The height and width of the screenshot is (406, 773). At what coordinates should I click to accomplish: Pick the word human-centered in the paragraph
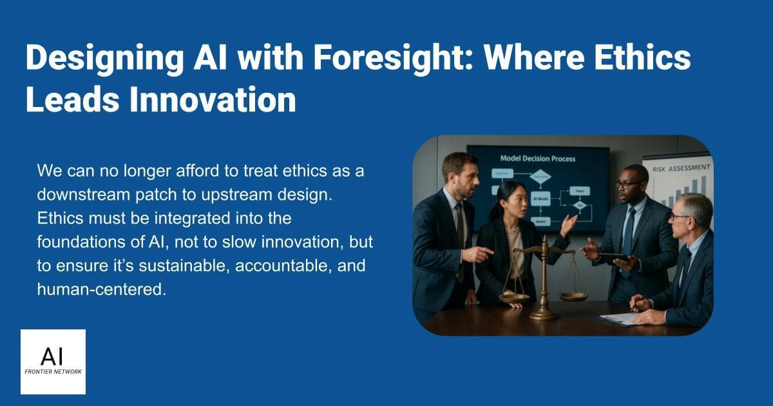pyautogui.click(x=101, y=290)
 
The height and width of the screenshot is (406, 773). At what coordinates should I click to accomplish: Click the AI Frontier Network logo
pyautogui.click(x=53, y=362)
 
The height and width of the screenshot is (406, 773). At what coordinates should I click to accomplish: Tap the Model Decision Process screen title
pyautogui.click(x=538, y=159)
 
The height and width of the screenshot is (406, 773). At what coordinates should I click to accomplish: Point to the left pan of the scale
pyautogui.click(x=513, y=297)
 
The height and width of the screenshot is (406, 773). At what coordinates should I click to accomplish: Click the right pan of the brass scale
pyautogui.click(x=573, y=296)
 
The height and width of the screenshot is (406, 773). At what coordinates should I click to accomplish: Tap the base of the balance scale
pyautogui.click(x=543, y=315)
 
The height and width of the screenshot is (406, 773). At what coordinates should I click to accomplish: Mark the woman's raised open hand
pyautogui.click(x=568, y=224)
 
